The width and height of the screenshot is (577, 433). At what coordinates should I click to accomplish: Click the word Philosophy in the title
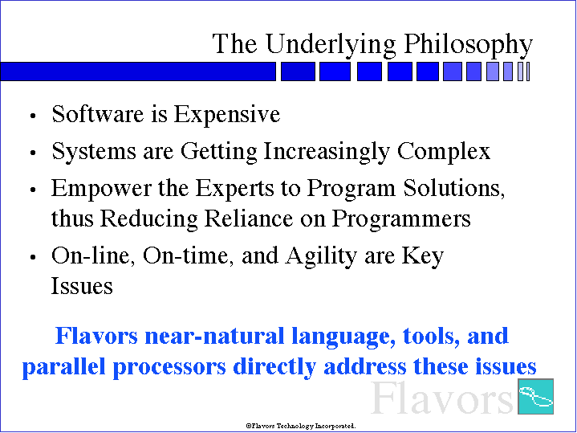pos(468,45)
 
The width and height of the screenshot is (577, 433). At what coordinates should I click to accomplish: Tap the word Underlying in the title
pos(331,45)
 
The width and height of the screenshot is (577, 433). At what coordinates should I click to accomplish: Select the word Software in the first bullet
pos(98,113)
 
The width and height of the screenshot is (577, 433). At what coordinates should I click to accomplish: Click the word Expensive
pos(226,115)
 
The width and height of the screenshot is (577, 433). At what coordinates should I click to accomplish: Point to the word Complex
pos(444,152)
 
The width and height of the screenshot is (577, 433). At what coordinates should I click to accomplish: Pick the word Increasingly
pos(327,152)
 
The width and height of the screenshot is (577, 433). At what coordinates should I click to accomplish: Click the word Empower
pos(101,189)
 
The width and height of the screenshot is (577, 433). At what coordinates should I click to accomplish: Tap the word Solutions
pos(454,188)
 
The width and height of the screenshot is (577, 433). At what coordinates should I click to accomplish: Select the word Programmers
pos(401,219)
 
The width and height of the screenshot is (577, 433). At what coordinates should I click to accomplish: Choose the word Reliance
pos(249,219)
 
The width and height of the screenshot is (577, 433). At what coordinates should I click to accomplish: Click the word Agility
pos(321,256)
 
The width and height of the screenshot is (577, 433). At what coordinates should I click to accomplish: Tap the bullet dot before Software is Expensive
pos(33,116)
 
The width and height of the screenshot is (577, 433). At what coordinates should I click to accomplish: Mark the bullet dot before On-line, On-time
pos(33,257)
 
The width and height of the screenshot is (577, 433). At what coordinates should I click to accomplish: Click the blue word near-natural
pos(214,336)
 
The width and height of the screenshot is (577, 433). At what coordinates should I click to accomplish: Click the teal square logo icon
pos(535,396)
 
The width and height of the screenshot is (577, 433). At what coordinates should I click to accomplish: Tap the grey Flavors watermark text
pos(441,398)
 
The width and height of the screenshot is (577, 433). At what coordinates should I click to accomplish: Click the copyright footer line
pos(301,426)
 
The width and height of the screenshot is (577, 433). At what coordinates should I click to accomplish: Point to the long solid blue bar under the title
pos(138,71)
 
